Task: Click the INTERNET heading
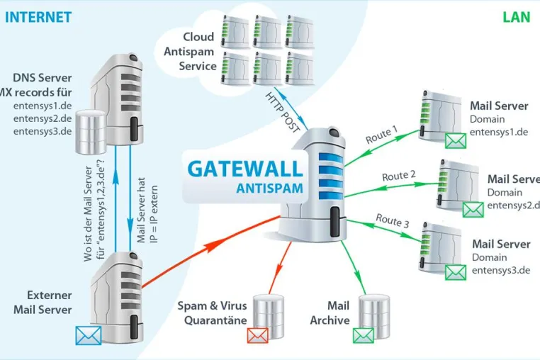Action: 38,17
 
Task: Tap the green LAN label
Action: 516,17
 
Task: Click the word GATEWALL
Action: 245,169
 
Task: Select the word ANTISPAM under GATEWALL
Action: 270,189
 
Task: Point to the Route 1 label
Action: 381,135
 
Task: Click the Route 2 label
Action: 399,176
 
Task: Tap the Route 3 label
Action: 393,220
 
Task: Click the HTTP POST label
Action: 283,113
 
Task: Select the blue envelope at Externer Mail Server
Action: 89,335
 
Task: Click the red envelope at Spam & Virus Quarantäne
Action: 258,335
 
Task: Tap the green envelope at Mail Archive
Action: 364,335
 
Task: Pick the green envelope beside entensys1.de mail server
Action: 456,140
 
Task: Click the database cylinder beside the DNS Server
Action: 91,132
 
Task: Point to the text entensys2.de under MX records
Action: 43,118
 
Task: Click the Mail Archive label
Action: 330,313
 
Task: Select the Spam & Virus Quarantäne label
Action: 212,313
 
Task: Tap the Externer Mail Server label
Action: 43,302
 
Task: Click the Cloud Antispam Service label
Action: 189,51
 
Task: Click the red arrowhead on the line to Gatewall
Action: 210,247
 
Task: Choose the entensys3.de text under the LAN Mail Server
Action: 501,271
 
